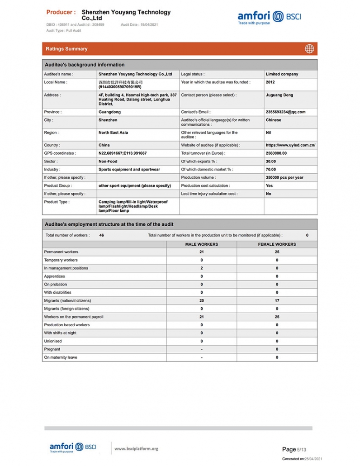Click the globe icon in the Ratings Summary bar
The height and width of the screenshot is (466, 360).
[309, 49]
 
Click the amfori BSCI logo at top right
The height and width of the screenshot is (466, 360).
[269, 17]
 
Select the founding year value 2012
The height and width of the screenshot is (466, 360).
[270, 82]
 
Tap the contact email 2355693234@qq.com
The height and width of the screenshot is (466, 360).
[285, 112]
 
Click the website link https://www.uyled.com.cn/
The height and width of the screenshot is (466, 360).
[290, 145]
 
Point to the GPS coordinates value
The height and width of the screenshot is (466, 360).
[122, 153]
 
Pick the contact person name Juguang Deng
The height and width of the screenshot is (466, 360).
[279, 95]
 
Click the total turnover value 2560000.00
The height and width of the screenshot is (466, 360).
[276, 153]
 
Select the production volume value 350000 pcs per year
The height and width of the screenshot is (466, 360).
[284, 178]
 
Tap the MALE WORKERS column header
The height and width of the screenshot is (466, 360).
[201, 244]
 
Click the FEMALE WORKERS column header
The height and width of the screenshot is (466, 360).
[277, 244]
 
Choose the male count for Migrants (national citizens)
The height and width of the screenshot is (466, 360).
[201, 301]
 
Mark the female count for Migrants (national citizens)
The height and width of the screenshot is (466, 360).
[277, 301]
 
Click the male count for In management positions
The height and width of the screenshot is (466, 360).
[201, 268]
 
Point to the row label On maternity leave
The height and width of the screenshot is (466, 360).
[61, 357]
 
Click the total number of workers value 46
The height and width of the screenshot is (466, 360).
[101, 235]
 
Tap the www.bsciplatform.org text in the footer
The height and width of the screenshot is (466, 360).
[136, 448]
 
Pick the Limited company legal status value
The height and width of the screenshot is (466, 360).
[282, 74]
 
